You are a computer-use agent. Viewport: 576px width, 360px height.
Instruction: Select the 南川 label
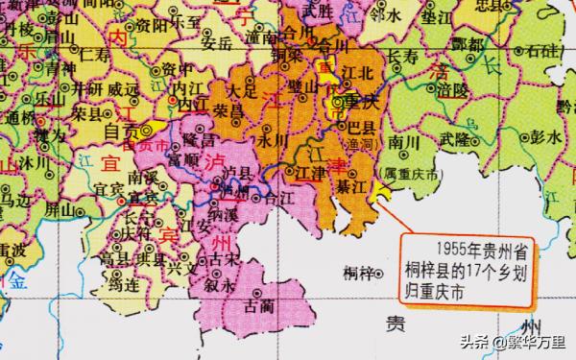395,142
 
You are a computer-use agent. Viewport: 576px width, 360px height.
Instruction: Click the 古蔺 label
259,305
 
